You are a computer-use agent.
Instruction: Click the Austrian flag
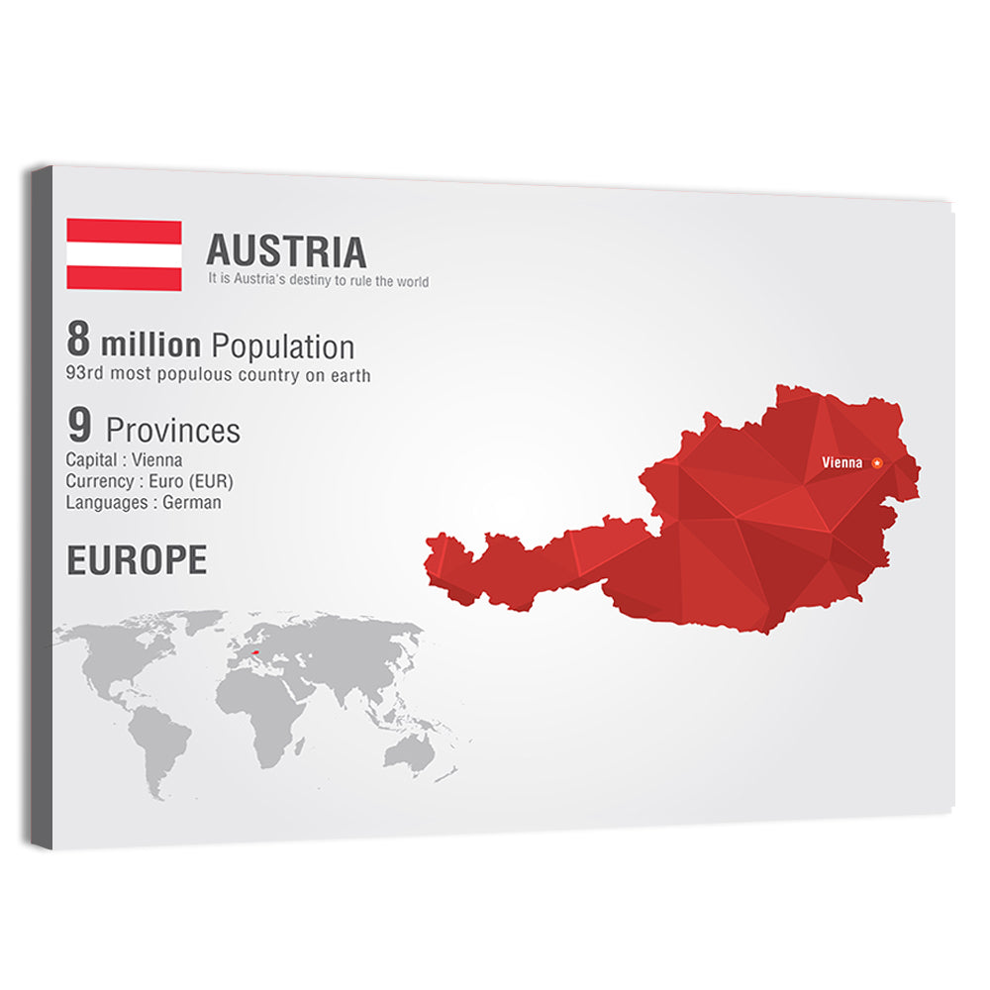click(124, 254)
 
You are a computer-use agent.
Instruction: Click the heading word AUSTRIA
click(286, 251)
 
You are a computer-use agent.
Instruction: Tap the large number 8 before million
click(78, 340)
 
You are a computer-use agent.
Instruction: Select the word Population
click(283, 346)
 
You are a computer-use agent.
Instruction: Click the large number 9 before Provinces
click(79, 427)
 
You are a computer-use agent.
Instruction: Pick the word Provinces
click(172, 431)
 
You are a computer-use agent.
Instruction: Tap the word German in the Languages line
click(192, 502)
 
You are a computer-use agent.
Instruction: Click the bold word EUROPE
click(137, 560)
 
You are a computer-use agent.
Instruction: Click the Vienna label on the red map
click(841, 462)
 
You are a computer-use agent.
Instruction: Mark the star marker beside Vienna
click(876, 462)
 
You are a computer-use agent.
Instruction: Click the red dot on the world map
click(256, 652)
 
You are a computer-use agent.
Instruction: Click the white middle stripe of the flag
click(124, 254)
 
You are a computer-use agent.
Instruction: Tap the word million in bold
click(150, 346)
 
